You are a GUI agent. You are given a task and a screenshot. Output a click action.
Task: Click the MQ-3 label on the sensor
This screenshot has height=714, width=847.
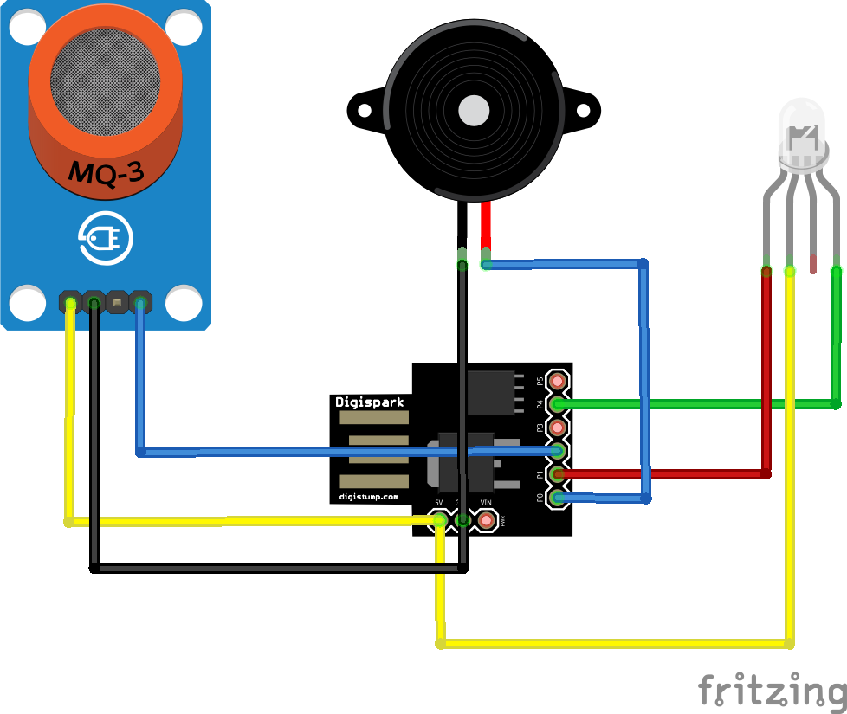click(106, 173)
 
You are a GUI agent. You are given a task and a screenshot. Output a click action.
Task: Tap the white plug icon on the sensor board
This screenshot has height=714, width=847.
click(105, 238)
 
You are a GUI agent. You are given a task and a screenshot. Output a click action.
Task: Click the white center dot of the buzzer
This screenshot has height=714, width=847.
click(474, 111)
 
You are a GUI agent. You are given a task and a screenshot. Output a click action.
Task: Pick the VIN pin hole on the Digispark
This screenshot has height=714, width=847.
click(486, 520)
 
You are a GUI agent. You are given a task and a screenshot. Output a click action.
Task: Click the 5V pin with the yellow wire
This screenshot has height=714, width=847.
click(440, 520)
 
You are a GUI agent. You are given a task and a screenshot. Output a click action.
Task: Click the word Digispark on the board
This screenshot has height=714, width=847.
click(369, 402)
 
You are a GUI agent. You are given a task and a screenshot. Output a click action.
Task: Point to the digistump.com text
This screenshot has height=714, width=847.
click(369, 497)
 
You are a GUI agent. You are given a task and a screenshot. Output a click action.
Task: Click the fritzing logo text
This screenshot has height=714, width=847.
click(771, 691)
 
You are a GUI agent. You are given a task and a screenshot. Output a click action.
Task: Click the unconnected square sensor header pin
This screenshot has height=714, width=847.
click(115, 303)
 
